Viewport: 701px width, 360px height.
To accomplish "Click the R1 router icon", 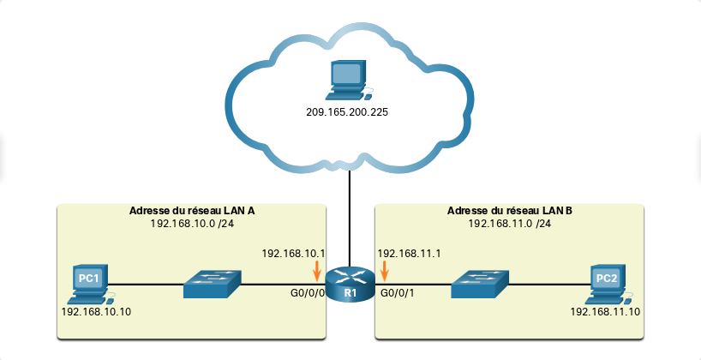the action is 350,284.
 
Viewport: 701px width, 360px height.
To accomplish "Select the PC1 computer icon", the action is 91,285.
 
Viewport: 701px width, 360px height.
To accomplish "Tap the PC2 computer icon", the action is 607,285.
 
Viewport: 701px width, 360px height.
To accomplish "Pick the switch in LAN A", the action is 212,284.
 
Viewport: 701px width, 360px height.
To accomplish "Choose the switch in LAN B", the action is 480,284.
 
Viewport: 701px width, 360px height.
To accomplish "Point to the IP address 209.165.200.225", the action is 347,112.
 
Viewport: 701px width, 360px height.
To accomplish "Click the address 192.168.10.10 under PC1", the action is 96,312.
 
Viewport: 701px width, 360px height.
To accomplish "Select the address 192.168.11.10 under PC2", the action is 605,312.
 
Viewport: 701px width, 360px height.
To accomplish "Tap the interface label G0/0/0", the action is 307,293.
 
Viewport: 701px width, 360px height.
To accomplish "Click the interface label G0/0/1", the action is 397,293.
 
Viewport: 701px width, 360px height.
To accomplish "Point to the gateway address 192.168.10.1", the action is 293,254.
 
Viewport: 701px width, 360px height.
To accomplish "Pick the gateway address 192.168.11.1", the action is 409,254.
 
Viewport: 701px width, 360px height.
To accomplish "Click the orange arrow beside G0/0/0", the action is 317,271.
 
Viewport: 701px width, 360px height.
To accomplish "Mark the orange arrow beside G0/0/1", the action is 384,271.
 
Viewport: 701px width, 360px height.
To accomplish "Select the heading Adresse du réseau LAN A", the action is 192,211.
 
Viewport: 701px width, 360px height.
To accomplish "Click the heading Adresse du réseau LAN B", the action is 509,211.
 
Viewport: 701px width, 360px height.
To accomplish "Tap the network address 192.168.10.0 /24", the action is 192,223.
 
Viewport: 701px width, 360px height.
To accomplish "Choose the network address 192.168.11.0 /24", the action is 509,223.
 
